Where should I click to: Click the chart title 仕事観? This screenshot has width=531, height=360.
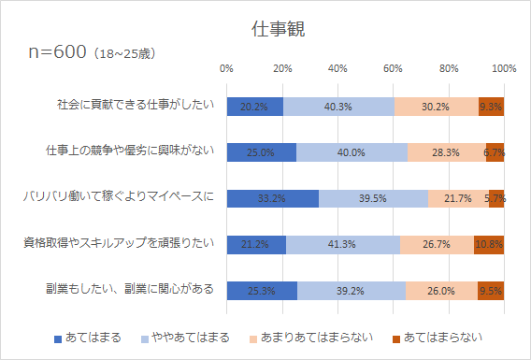pos(265,29)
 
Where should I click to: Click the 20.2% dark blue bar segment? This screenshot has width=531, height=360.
pos(254,106)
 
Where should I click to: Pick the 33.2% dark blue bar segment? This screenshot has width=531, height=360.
pos(272,198)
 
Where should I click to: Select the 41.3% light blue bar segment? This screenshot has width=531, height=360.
pos(343,244)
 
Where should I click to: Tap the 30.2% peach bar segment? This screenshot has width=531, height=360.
pos(436,106)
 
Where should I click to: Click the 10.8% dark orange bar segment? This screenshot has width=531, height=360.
pos(490,244)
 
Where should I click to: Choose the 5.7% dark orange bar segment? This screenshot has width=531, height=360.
pos(496,198)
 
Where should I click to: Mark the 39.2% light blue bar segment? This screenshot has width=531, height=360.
pos(352,290)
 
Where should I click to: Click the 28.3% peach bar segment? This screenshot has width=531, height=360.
pos(446,151)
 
